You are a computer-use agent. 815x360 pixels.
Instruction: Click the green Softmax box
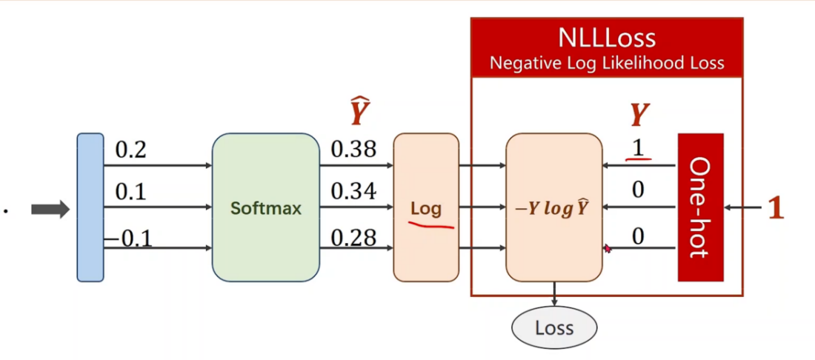(x=265, y=207)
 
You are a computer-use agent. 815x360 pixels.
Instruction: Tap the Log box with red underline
(x=426, y=208)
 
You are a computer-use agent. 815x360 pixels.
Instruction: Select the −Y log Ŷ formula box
(x=553, y=207)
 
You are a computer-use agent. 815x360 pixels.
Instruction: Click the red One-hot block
(x=700, y=207)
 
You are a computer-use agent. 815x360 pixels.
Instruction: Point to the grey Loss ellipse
(x=554, y=327)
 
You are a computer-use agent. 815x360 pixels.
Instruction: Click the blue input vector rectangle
(x=90, y=207)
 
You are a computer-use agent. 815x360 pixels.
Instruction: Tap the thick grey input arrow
(x=50, y=210)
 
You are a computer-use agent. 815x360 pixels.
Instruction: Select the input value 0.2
(x=130, y=150)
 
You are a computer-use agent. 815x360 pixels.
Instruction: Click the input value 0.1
(x=130, y=193)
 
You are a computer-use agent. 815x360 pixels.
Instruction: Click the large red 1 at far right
(x=775, y=209)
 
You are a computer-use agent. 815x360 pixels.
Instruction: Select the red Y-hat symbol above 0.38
(x=359, y=113)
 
